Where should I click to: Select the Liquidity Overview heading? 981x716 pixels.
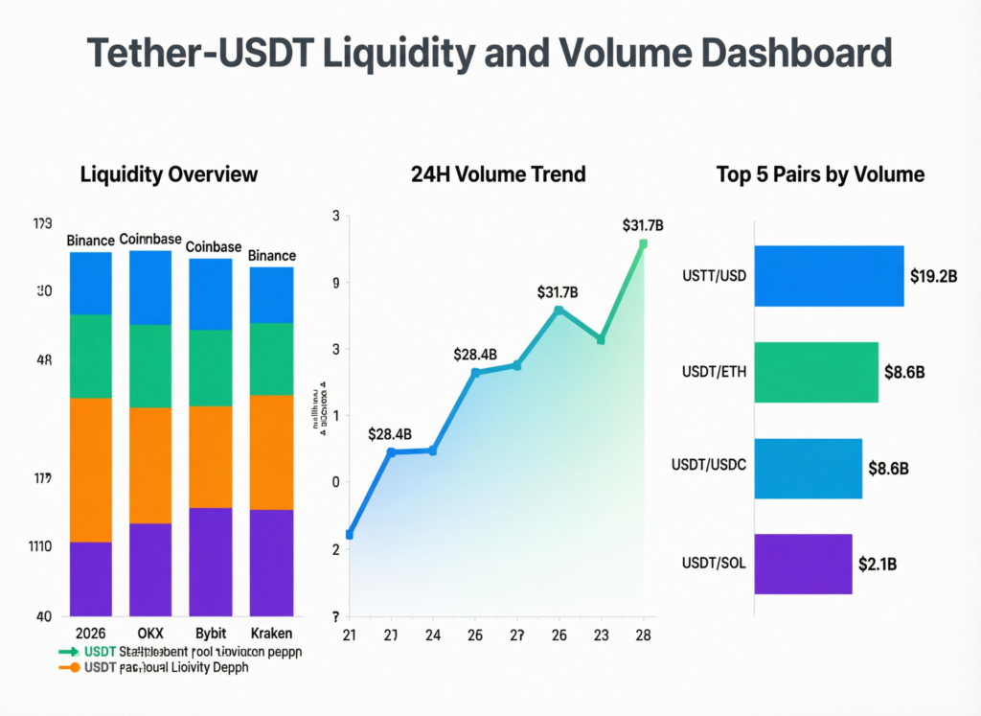click(169, 174)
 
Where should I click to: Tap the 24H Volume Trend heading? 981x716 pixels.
click(497, 174)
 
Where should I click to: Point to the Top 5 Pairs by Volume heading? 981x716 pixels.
click(820, 174)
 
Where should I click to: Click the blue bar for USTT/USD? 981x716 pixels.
click(829, 276)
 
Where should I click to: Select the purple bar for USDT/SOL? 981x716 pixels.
click(803, 564)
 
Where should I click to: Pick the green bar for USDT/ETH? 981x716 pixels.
click(815, 372)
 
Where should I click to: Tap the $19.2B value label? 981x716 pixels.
click(934, 276)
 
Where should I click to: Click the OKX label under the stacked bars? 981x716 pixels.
click(149, 634)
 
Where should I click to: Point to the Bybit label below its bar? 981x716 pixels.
click(210, 634)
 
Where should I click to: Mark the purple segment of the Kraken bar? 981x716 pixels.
click(271, 563)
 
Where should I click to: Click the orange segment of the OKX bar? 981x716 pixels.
click(149, 465)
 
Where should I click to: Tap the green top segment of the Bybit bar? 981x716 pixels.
click(210, 368)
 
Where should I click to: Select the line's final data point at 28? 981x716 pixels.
click(643, 243)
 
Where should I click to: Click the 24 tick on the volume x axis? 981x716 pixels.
click(433, 635)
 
